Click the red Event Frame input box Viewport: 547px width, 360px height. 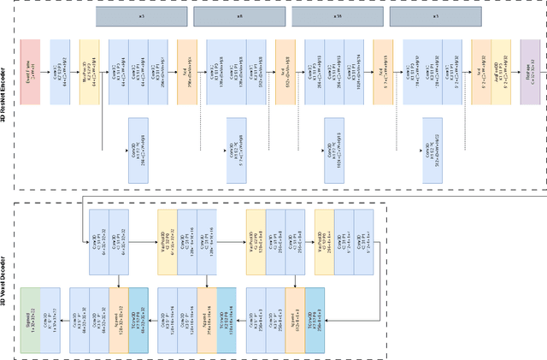click(30, 71)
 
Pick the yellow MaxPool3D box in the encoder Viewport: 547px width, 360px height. click(90, 71)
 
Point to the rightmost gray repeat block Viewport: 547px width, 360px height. click(435, 17)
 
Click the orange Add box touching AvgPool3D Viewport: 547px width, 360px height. click(481, 71)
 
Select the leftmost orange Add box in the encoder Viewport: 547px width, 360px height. click(187, 71)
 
